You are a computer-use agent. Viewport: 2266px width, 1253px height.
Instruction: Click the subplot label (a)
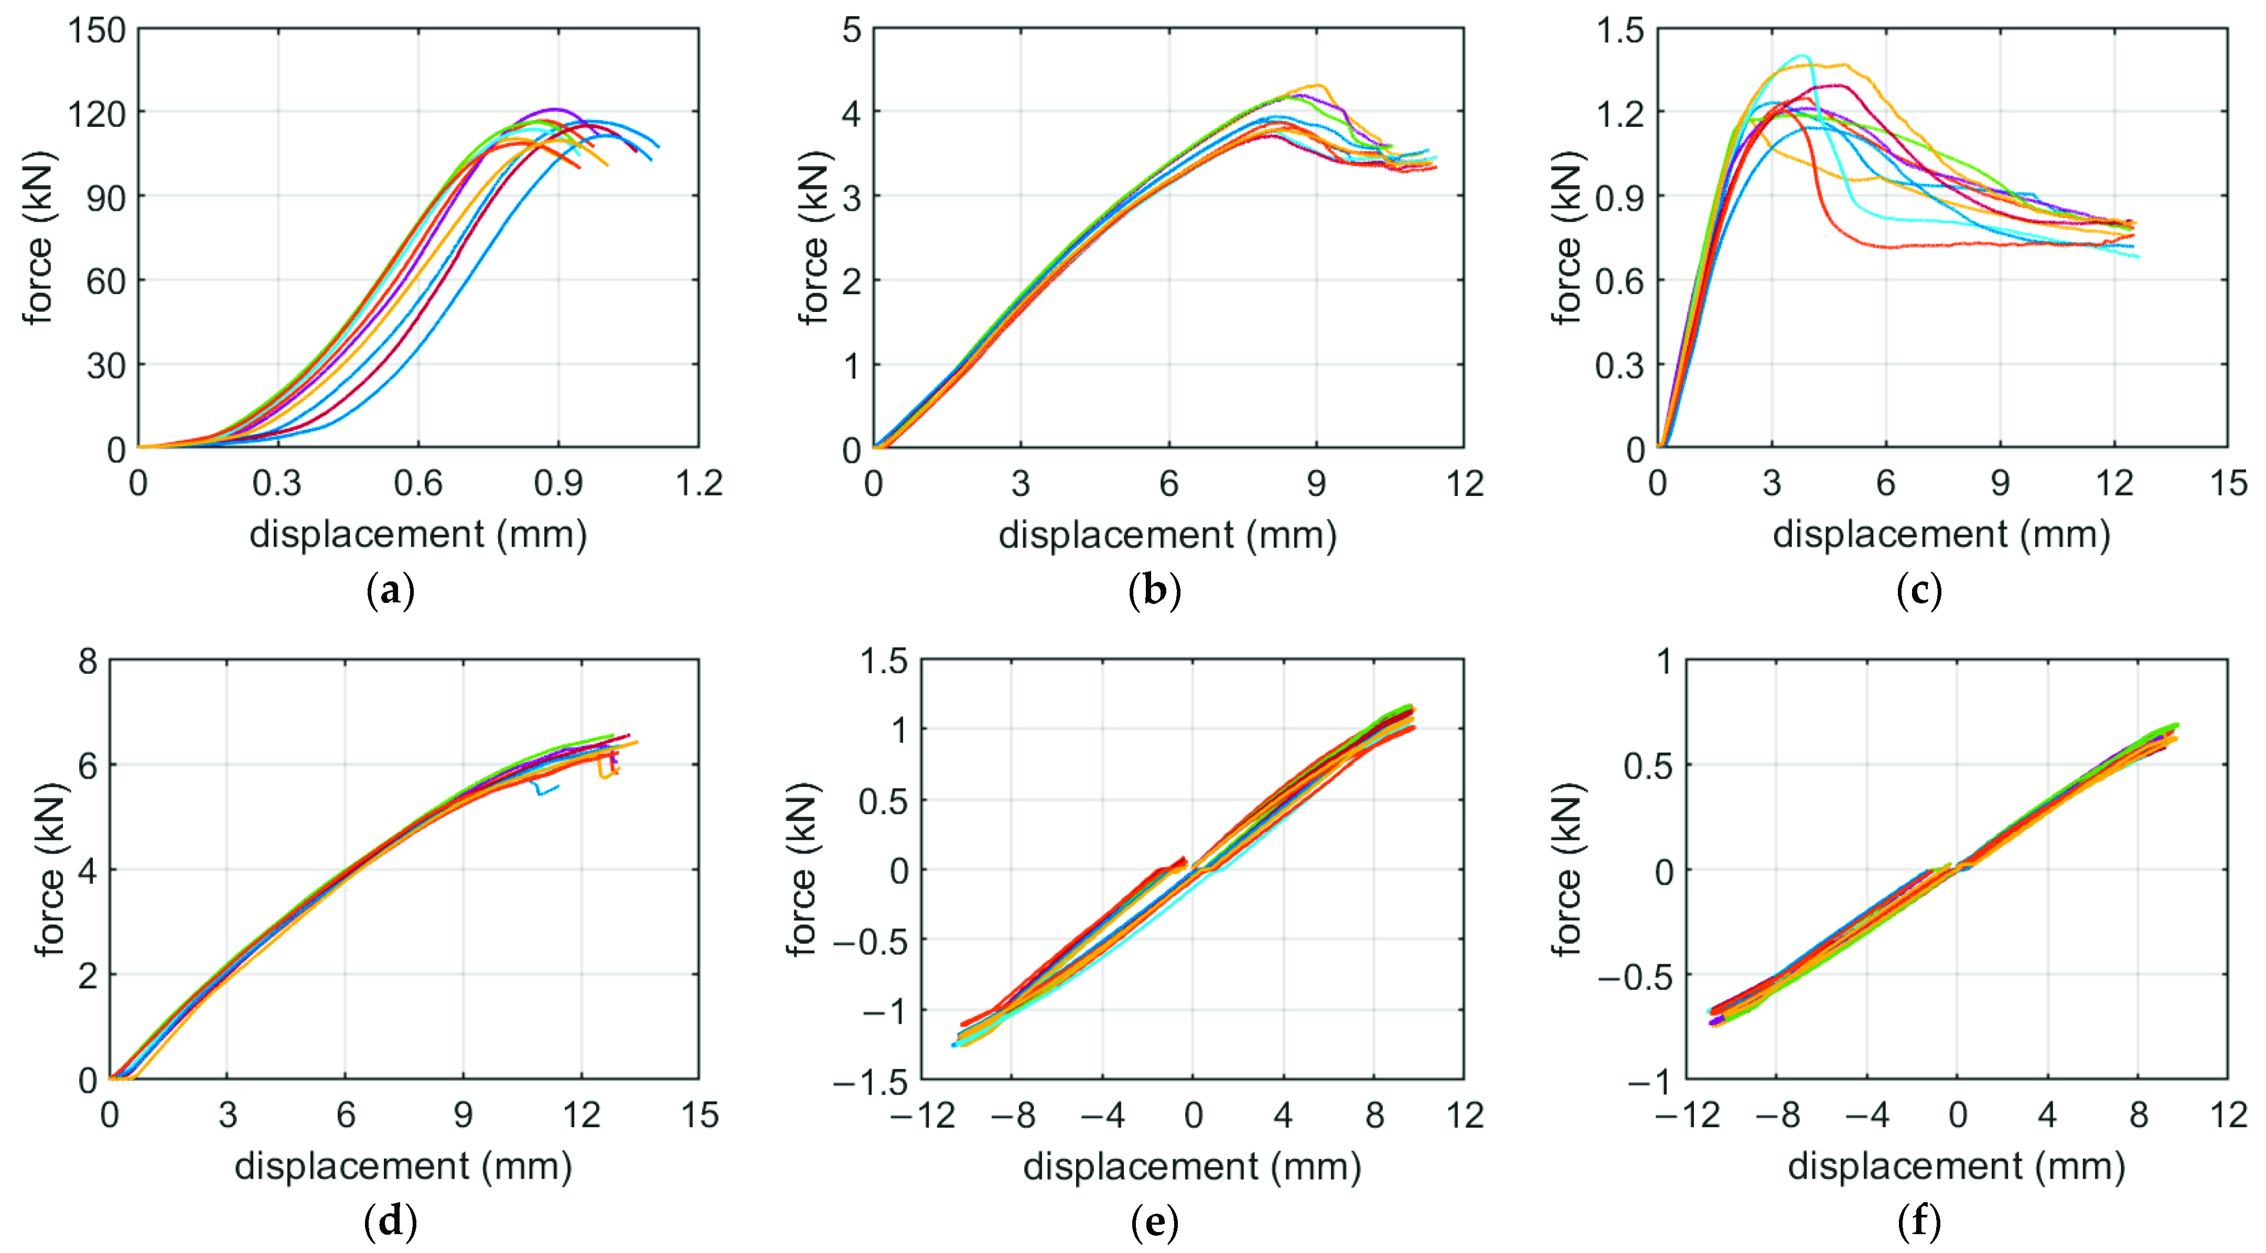(390, 591)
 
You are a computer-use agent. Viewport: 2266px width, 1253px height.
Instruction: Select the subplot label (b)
(1154, 591)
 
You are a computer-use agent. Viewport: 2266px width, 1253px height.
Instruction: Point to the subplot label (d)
(390, 1222)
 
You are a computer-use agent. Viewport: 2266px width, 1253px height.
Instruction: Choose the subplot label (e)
(1154, 1222)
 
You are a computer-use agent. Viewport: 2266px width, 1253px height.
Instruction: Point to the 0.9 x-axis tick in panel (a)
(557, 483)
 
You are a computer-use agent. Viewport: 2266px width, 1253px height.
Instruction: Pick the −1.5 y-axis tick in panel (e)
(871, 1082)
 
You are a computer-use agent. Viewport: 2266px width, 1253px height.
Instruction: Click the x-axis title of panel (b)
(1167, 535)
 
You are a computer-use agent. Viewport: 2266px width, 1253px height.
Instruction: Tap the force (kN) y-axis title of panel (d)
(50, 869)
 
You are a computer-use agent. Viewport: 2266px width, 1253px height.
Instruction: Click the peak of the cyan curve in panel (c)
(1801, 56)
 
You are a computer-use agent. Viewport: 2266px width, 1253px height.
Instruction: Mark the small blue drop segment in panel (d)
(545, 788)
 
